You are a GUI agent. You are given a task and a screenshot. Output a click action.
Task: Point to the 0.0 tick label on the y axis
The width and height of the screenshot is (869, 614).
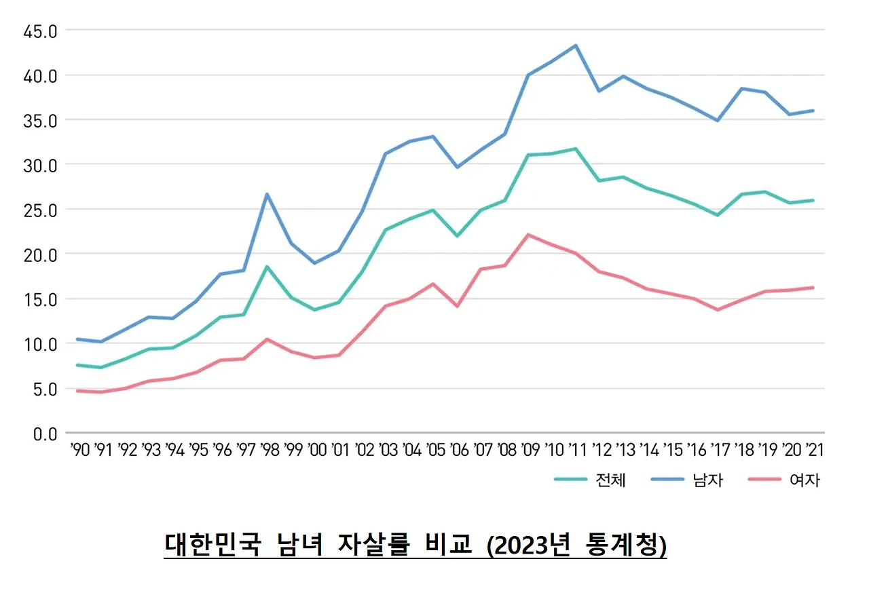coord(46,434)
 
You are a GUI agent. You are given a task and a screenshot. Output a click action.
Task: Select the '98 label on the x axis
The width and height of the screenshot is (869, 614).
coord(270,450)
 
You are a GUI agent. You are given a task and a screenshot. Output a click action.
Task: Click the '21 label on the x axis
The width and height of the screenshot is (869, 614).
coord(813,450)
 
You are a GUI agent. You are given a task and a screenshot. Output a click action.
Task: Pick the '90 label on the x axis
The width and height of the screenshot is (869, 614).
coord(79,450)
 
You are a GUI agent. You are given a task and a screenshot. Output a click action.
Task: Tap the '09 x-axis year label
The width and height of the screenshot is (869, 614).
coord(531,450)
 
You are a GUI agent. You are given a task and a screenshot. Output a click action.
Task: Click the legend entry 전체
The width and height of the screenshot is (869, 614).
coord(610,480)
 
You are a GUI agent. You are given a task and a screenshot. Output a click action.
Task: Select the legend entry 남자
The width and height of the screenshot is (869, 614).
coord(707,480)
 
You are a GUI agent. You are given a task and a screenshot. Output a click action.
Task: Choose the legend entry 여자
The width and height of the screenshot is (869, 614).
coord(804,480)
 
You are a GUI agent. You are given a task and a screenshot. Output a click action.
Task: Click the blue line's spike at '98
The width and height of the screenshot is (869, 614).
coord(267,194)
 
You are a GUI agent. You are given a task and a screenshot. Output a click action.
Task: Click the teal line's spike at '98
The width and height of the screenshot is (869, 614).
coord(267,267)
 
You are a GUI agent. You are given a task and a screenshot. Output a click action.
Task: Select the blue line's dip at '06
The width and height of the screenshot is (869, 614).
coord(458,167)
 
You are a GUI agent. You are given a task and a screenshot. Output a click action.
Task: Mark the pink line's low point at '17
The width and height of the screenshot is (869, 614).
coord(718,310)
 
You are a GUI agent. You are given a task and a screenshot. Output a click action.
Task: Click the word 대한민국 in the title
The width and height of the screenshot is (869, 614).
coord(212,544)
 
